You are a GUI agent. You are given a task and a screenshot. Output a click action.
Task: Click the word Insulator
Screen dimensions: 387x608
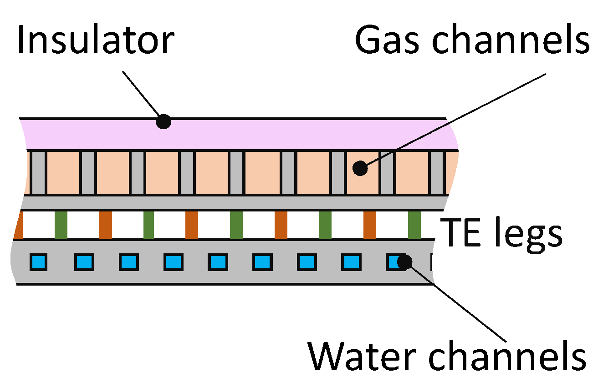tap(95, 40)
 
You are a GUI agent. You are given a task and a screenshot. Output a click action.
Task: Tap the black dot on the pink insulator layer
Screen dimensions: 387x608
tap(163, 122)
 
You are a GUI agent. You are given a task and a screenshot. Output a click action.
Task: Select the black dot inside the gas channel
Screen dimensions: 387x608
tap(360, 168)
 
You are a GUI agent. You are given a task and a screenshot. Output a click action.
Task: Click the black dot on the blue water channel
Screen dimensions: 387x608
tap(404, 262)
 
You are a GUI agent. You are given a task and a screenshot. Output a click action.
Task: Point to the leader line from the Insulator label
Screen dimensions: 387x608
tap(141, 93)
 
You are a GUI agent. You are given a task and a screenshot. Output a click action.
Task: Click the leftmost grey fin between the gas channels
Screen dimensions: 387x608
tap(39, 173)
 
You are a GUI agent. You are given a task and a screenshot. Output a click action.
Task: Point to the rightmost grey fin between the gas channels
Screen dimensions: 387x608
tap(437, 173)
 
